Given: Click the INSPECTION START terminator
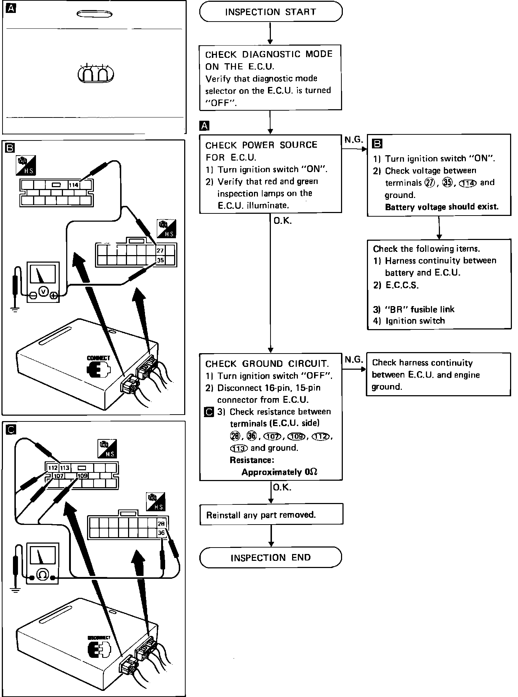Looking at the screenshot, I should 271,12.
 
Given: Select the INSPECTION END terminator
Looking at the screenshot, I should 271,558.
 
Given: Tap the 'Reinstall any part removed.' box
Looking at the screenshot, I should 271,514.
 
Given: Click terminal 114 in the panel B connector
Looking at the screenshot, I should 74,185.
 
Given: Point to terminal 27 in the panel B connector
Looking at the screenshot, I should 160,250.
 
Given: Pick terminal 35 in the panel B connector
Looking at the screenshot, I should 160,260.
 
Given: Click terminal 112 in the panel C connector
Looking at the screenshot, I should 53,468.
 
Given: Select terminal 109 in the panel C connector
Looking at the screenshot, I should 83,476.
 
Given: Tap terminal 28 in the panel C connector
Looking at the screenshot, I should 161,523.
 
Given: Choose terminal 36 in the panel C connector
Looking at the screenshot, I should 161,533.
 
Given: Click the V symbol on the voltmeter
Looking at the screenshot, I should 44,291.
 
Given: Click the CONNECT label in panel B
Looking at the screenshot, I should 99,358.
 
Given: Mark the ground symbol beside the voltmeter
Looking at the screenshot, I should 15,309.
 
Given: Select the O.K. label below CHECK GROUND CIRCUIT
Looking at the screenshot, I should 282,488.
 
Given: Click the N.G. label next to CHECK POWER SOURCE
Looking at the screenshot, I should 354,140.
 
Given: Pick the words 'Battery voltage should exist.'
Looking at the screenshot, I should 442,207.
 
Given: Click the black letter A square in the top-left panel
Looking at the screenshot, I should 12,9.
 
